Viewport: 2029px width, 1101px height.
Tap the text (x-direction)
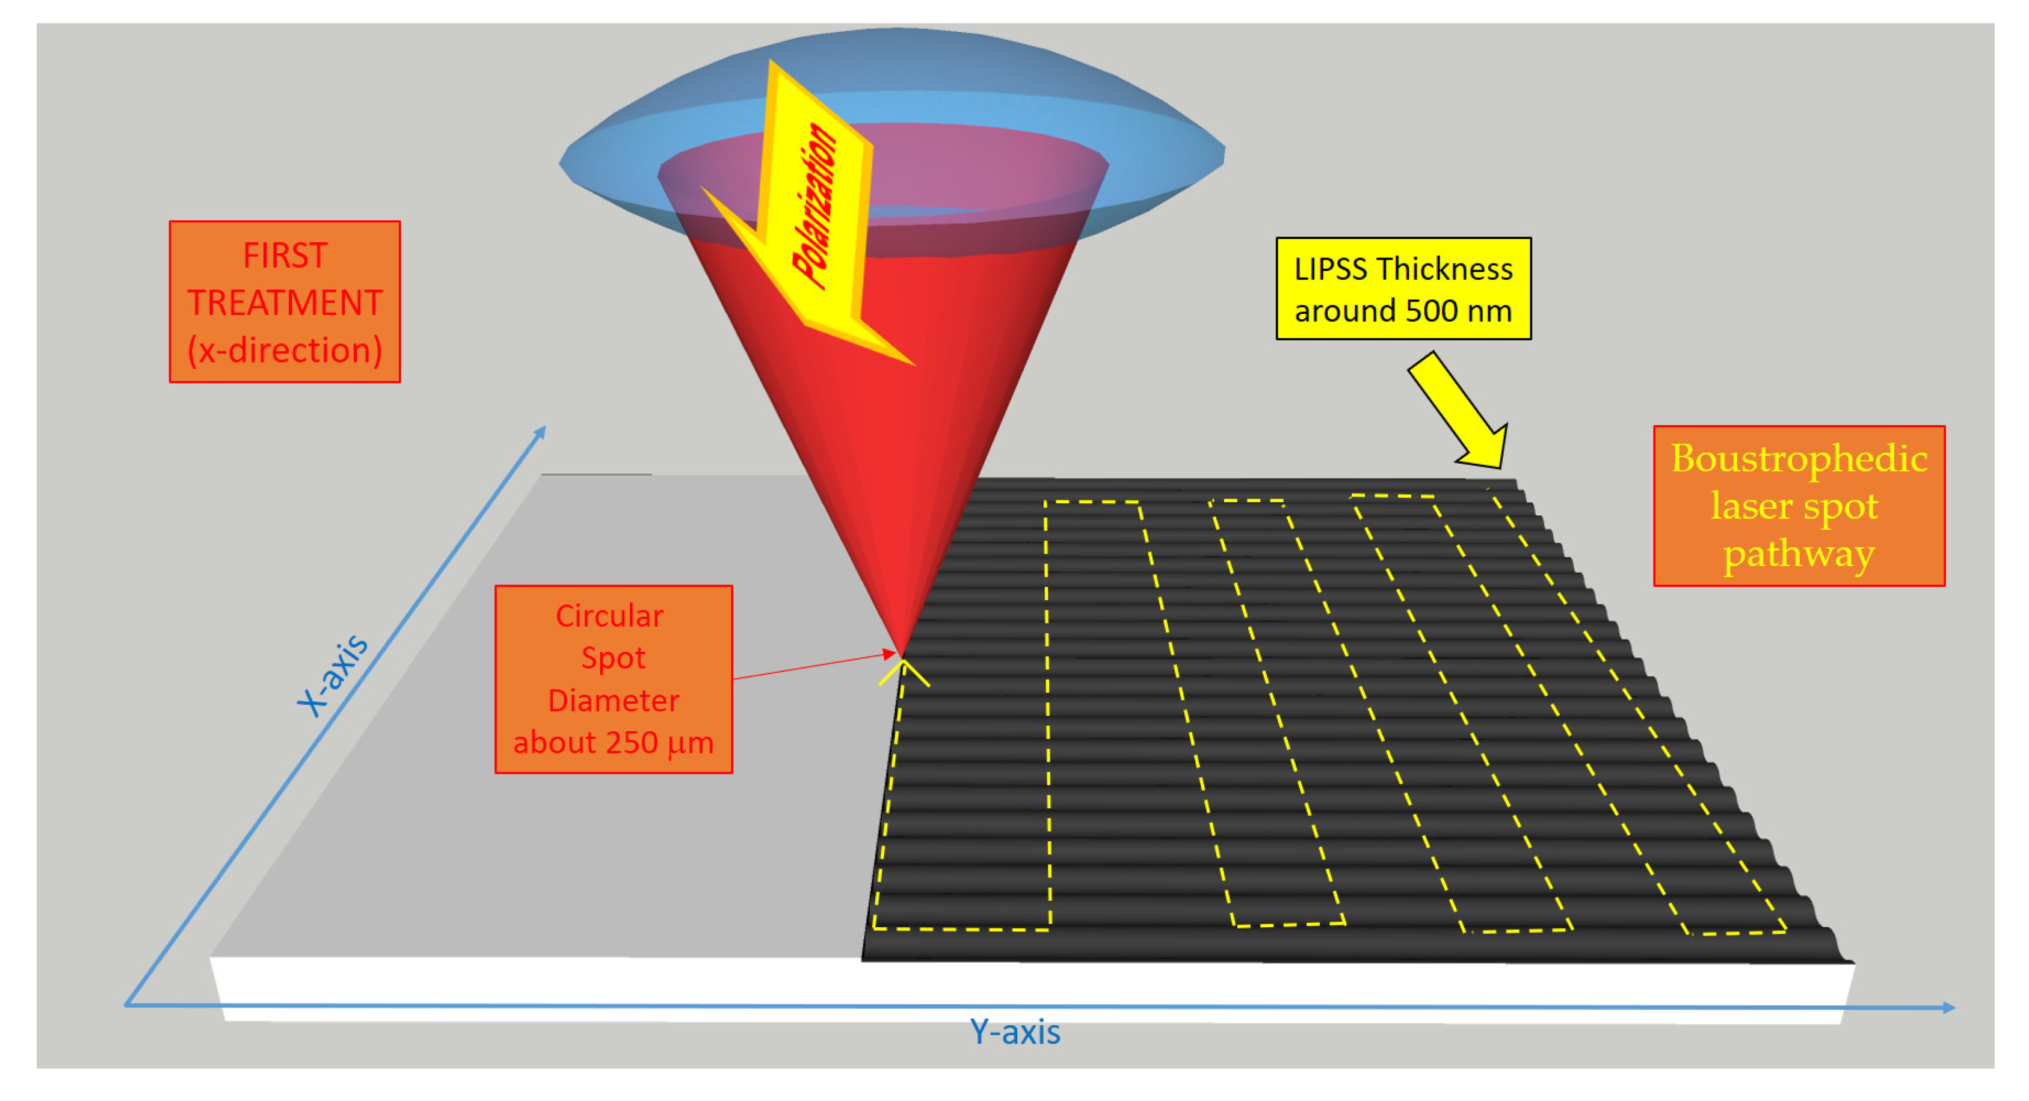click(x=285, y=350)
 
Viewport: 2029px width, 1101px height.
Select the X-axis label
click(x=331, y=676)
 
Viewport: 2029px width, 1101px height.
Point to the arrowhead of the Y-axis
click(x=1948, y=1007)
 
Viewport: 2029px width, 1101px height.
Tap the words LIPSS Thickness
click(x=1403, y=269)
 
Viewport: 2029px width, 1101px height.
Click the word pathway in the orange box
click(x=1799, y=555)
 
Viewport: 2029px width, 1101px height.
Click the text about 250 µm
click(x=613, y=743)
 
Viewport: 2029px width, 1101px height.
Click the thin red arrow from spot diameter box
click(x=811, y=666)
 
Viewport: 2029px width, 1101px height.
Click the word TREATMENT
click(x=285, y=303)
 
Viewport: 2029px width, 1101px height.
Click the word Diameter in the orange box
click(x=613, y=700)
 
